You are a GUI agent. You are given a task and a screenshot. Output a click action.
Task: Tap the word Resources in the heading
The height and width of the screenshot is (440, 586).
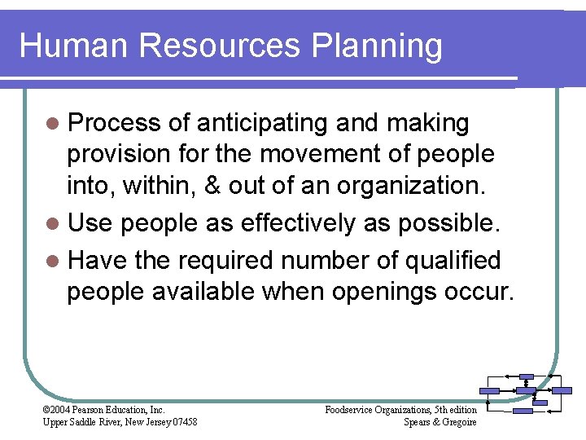220,46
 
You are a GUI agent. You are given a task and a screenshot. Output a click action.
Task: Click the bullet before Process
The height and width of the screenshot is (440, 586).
53,124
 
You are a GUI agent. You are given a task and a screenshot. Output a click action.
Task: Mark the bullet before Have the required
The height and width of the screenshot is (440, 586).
53,261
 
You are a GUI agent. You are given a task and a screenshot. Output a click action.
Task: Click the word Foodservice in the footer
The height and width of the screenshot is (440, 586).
352,409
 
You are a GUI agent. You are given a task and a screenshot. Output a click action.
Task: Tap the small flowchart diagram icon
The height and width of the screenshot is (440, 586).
526,391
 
